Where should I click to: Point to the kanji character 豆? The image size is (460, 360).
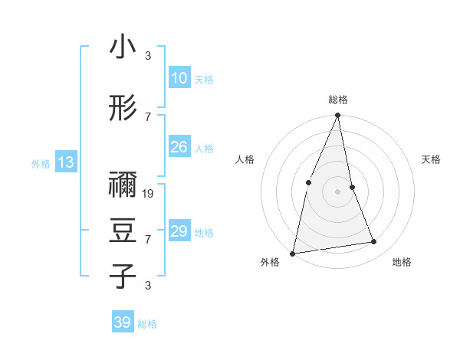123,231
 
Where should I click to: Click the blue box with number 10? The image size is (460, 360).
179,78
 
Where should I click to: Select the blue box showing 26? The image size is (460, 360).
179,147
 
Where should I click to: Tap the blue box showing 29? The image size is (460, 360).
179,231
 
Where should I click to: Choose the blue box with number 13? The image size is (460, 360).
65,162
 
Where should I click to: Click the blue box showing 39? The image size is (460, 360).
122,322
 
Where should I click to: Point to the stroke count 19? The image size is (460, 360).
149,194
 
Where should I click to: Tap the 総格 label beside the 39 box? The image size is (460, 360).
147,324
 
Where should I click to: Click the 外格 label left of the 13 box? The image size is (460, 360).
40,163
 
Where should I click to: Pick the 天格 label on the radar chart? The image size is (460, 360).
431,159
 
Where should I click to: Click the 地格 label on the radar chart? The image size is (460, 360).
402,262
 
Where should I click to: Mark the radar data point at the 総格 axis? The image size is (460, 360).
337,116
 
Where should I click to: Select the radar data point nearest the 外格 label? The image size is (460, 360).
293,253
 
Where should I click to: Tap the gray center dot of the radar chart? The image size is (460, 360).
337,191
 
